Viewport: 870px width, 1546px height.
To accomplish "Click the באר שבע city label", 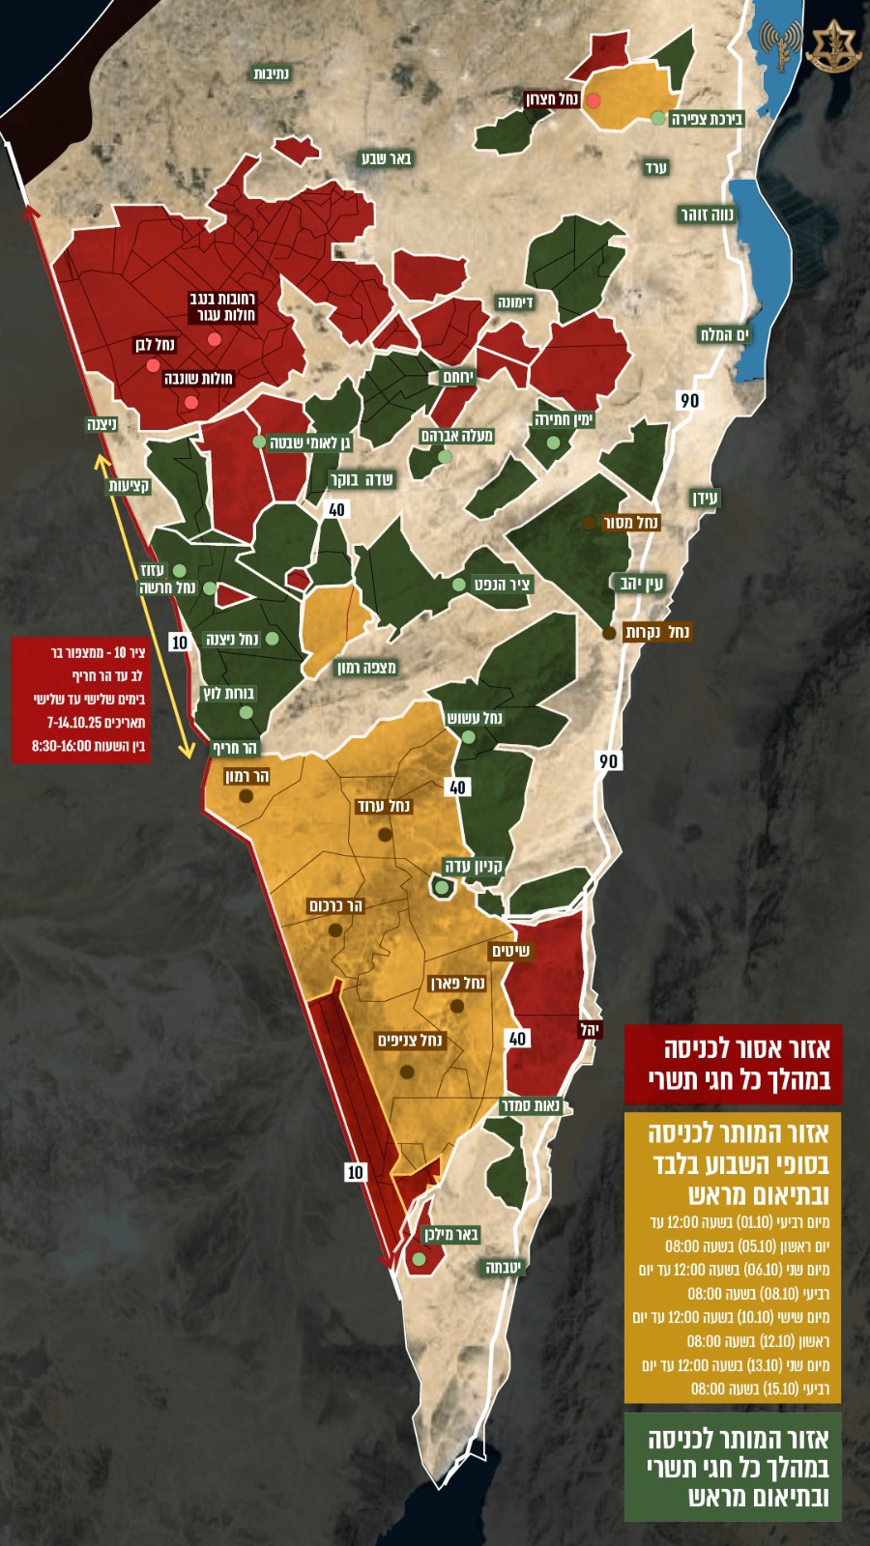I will click(x=387, y=158).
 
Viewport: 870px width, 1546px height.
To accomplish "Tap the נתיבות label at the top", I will click(x=272, y=73).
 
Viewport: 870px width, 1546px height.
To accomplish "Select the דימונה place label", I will click(x=515, y=302).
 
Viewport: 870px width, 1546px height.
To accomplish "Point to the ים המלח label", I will click(x=724, y=334).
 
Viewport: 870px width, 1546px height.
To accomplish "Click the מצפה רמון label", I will click(x=366, y=668).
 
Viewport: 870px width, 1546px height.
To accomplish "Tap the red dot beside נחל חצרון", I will click(x=594, y=100).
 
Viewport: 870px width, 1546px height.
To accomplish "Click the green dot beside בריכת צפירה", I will click(x=658, y=118).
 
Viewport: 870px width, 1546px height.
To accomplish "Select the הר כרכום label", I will click(x=335, y=905).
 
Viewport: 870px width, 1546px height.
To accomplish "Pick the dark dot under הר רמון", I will click(x=246, y=796).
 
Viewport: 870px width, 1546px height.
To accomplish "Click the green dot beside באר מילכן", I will click(x=419, y=1259).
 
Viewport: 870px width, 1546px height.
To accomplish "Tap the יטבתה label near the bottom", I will click(x=503, y=1267).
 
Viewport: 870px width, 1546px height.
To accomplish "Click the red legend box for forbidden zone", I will click(x=733, y=1064).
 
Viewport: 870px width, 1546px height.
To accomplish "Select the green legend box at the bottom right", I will click(x=733, y=1467).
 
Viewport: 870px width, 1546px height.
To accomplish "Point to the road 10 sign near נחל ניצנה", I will click(x=179, y=643).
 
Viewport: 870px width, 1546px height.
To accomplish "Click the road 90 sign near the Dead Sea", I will click(x=689, y=400).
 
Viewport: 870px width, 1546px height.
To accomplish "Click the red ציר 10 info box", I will click(x=81, y=700).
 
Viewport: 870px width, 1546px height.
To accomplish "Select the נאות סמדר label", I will click(x=531, y=1105).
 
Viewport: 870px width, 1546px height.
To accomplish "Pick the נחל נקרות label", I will click(x=657, y=632).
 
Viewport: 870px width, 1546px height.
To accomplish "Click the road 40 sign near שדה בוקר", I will click(x=336, y=509).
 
